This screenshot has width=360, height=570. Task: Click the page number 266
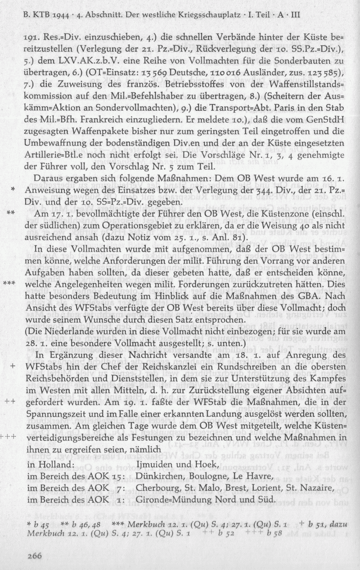click(34, 557)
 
